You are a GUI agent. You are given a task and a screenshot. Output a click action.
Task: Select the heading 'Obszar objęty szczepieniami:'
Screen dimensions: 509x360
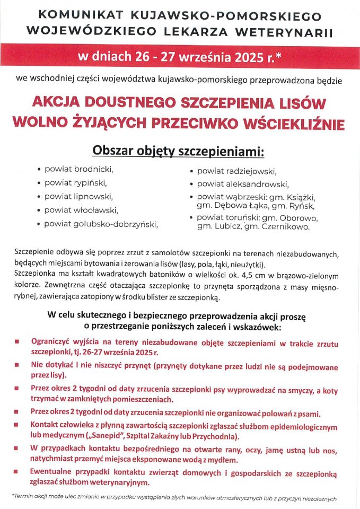[x=178, y=151]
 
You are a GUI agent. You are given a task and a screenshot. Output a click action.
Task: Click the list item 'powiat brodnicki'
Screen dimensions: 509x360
[x=79, y=170]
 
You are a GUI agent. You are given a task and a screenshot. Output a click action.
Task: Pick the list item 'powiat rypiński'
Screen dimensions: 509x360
[x=76, y=183]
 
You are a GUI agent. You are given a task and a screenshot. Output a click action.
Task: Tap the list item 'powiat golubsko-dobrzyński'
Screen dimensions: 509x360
[x=101, y=224]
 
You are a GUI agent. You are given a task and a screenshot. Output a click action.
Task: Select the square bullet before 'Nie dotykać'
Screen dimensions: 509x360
[x=18, y=365]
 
